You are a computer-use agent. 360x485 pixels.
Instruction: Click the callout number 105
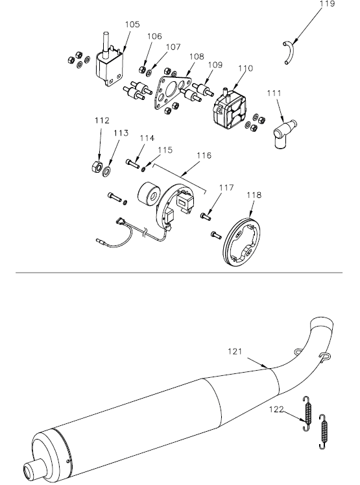click(132, 24)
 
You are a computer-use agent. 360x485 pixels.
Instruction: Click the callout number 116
click(204, 156)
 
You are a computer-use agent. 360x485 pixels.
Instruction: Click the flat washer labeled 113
click(106, 170)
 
